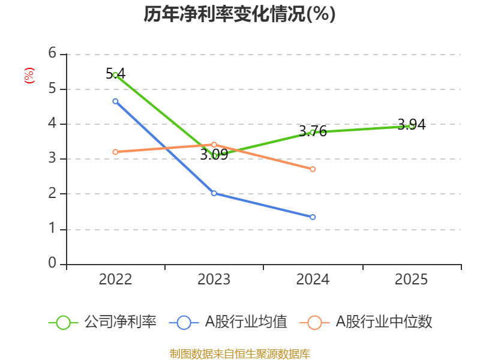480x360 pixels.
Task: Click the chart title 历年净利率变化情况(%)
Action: [239, 14]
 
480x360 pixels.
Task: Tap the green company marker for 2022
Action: [115, 75]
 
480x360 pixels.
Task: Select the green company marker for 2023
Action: [214, 156]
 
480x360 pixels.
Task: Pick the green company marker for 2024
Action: [313, 132]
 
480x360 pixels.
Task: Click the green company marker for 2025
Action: [411, 125]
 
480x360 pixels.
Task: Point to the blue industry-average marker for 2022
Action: [115, 101]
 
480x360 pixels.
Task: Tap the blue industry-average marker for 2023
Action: [214, 193]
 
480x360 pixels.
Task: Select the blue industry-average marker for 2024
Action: [313, 217]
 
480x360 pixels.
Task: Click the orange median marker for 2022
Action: [115, 152]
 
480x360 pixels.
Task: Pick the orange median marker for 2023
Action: [214, 145]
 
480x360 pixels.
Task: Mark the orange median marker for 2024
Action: [313, 169]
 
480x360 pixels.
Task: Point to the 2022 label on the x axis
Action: [115, 280]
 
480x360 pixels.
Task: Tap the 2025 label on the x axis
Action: [411, 280]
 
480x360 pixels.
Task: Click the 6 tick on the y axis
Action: [52, 53]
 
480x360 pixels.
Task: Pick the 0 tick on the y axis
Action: [52, 263]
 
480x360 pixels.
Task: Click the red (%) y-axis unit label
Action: [29, 76]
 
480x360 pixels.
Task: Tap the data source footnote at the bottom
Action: [239, 353]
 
